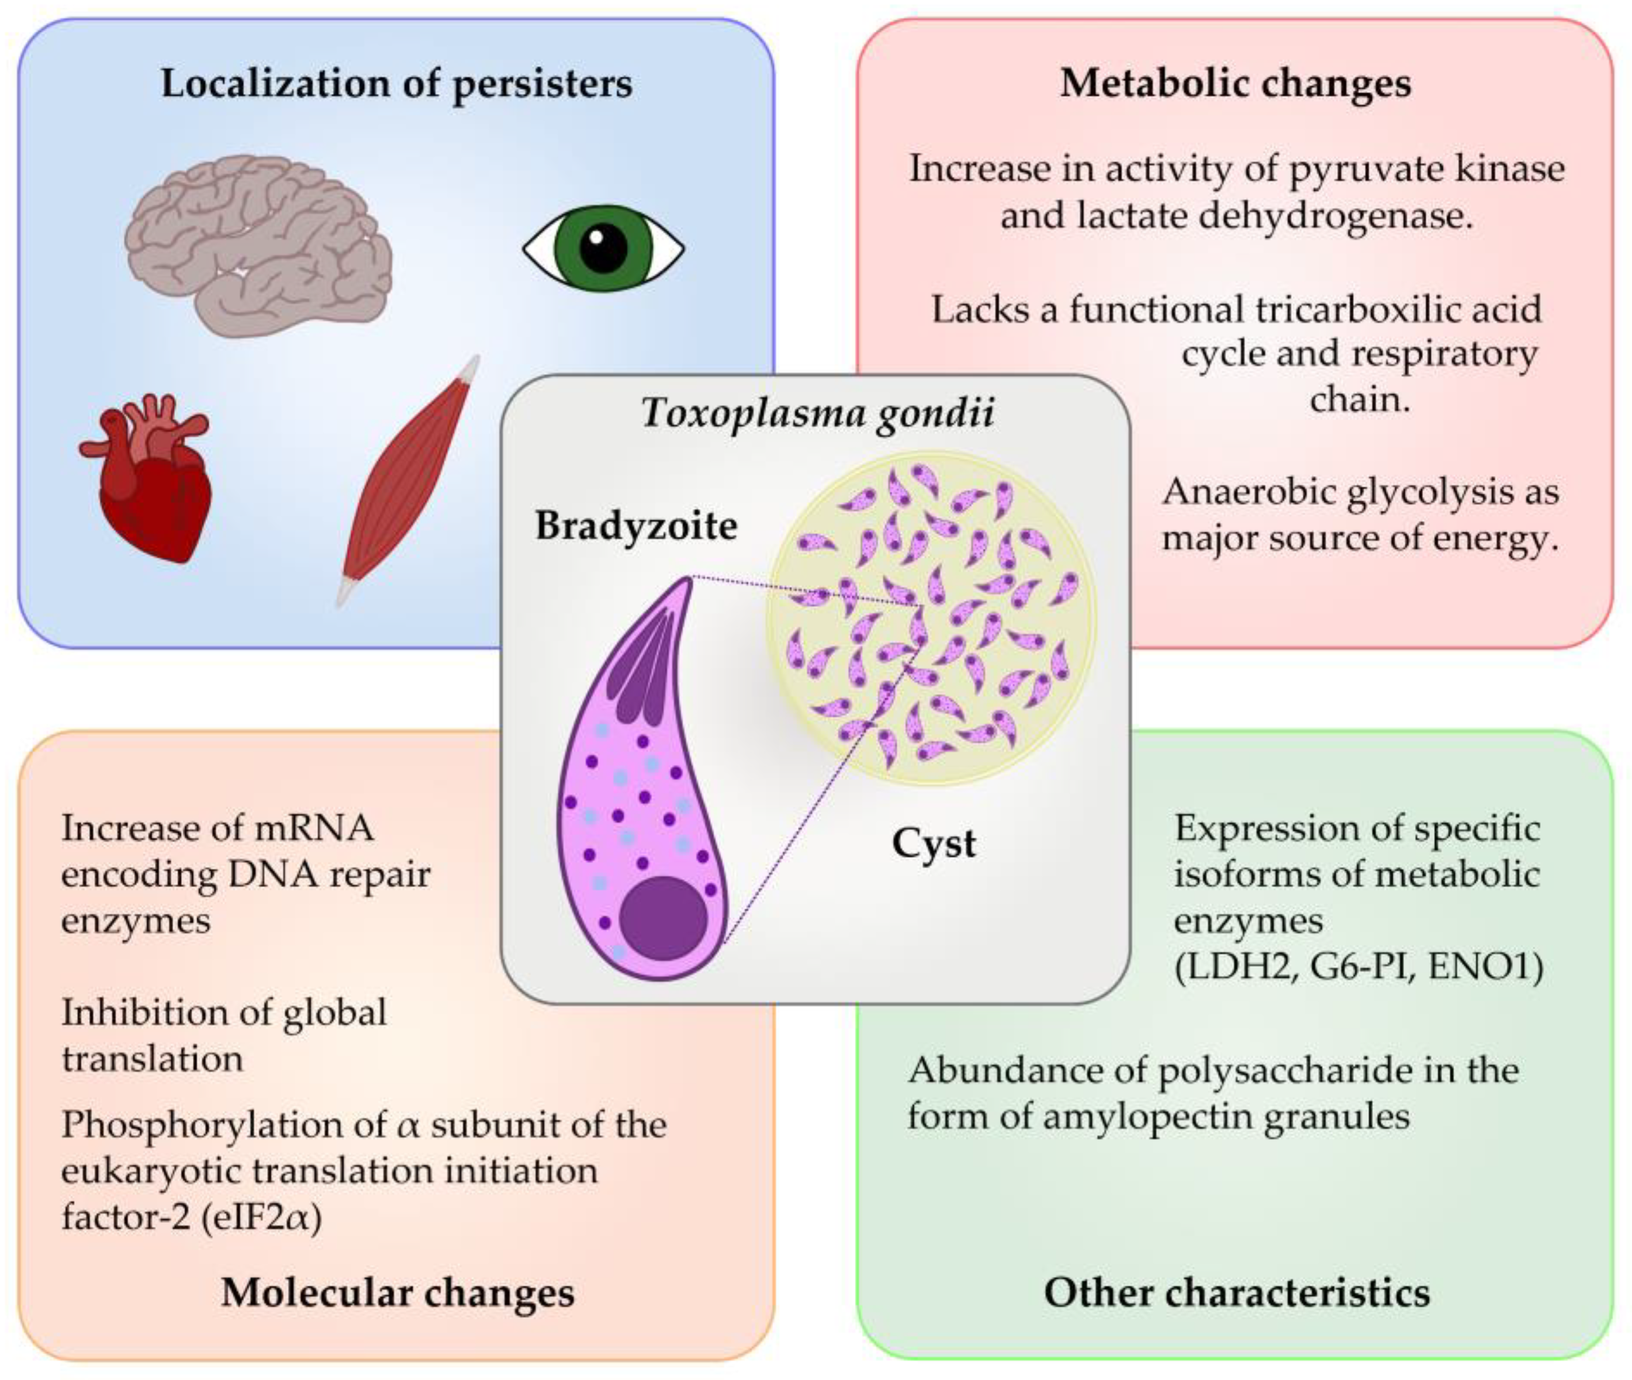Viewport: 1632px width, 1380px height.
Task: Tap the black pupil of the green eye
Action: click(x=603, y=249)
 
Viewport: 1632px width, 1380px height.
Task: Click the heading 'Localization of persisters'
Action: click(x=396, y=83)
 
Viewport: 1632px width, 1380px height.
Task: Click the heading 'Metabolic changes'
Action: click(x=1235, y=83)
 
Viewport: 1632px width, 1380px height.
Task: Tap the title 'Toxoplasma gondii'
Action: click(x=817, y=412)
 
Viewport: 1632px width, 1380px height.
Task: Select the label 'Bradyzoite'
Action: click(x=636, y=526)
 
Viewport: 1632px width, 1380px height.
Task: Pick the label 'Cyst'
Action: click(x=933, y=843)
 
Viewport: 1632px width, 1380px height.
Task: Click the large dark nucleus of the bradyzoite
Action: click(x=663, y=918)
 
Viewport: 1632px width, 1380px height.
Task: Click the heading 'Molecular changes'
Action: click(x=397, y=1292)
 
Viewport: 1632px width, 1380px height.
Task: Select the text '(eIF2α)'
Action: click(x=261, y=1218)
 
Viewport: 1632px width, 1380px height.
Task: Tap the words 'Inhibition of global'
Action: click(x=224, y=1012)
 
